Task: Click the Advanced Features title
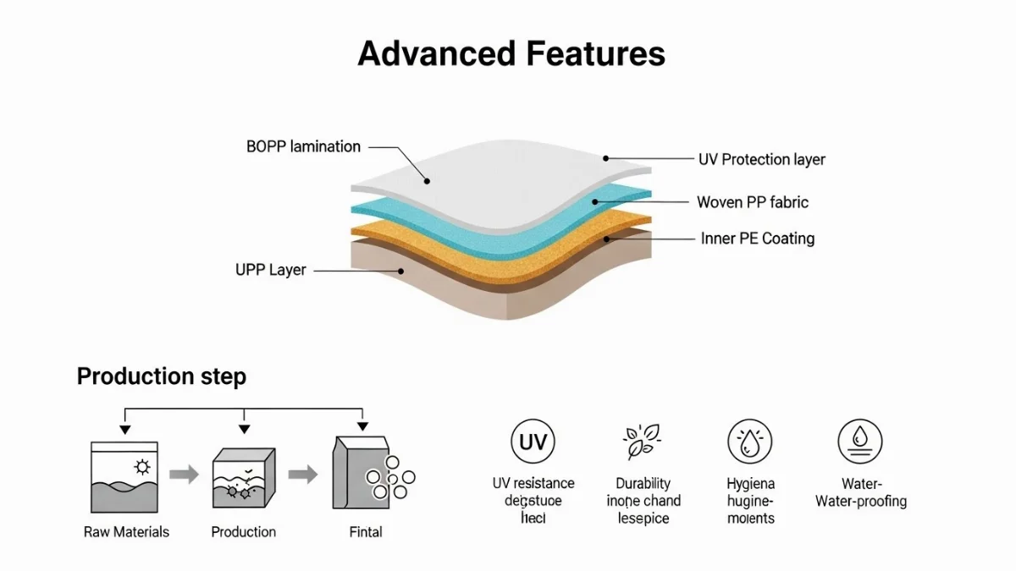511,53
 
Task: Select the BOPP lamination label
303,146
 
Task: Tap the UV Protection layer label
761,159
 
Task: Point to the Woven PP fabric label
752,202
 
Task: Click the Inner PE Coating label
758,239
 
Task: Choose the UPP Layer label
270,270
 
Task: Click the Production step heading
161,376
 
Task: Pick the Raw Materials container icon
125,476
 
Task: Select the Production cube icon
244,478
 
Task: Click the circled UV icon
533,442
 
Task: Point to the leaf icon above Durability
643,442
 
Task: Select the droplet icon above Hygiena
750,442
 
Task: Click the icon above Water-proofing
860,442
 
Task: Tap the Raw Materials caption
126,532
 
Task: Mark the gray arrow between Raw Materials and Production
184,475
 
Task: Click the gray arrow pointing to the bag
302,475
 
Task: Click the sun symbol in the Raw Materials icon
141,467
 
